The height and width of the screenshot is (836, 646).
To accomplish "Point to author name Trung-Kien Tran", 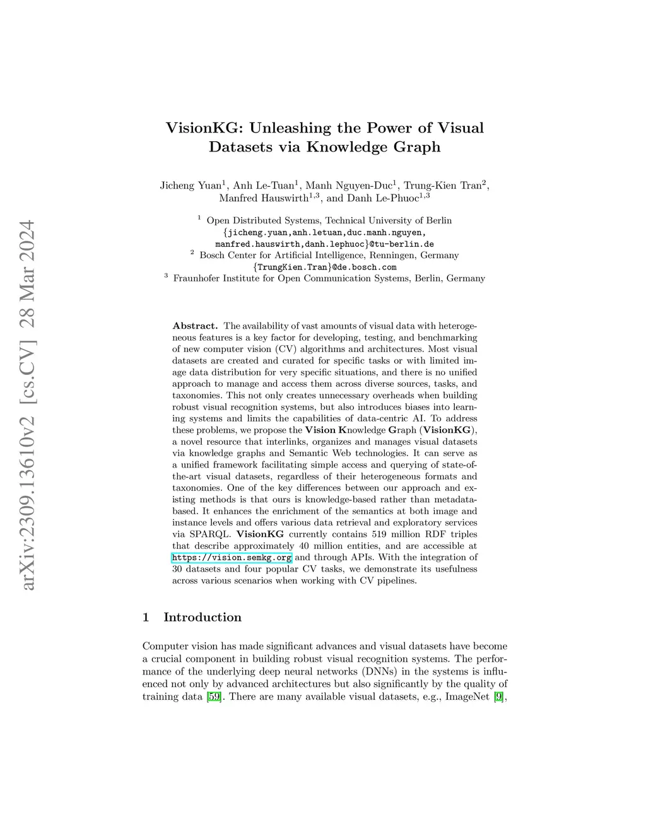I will [x=442, y=185].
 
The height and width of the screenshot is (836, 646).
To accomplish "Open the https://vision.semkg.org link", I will [x=232, y=558].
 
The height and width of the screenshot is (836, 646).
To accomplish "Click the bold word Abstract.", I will [x=195, y=326].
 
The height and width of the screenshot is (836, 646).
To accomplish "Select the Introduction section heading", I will [x=202, y=617].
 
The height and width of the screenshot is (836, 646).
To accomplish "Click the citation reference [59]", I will [x=214, y=697].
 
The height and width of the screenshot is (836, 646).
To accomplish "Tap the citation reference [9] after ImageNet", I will [x=498, y=697].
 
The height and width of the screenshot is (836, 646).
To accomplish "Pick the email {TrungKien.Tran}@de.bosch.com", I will [x=324, y=267].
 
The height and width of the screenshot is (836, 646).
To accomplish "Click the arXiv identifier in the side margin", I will [x=28, y=404].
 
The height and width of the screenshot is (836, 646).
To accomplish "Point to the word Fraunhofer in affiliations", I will [x=197, y=278].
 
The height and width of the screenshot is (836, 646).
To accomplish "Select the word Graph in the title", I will [x=413, y=148].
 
